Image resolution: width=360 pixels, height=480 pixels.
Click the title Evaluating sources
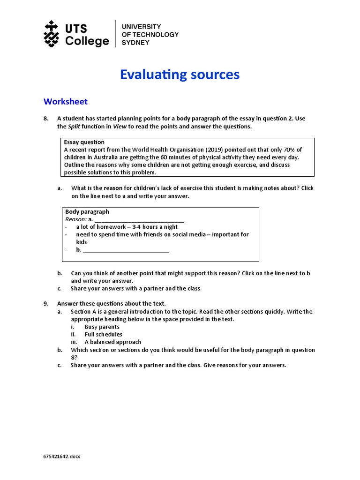click(180, 75)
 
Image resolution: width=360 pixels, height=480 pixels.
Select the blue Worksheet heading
click(65, 101)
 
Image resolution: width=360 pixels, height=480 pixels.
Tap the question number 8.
click(46, 119)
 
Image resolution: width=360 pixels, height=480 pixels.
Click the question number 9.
click(46, 304)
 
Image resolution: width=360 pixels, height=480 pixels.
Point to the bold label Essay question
click(84, 142)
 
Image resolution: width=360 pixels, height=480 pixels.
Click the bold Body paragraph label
click(87, 212)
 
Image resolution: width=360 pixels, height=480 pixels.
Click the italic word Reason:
click(75, 219)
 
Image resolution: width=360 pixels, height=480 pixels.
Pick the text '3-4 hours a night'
click(155, 227)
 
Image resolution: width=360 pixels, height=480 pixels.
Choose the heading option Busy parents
click(102, 327)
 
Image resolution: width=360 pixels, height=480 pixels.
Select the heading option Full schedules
click(103, 334)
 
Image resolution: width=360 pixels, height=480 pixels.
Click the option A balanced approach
click(112, 342)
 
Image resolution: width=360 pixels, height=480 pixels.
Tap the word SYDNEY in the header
click(135, 42)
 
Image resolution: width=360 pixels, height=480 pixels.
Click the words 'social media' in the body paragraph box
click(187, 234)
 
